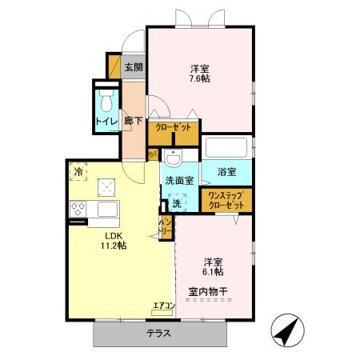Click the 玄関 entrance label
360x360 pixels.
(x=134, y=68)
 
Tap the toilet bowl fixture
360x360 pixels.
(x=106, y=102)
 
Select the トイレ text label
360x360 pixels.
(x=106, y=121)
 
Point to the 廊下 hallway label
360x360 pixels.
(x=134, y=122)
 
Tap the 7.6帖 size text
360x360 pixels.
(x=199, y=78)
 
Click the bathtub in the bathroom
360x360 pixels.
(x=226, y=147)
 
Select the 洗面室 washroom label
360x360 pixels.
(x=179, y=181)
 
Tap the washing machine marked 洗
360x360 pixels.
(x=177, y=203)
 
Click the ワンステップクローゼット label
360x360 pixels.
(x=226, y=200)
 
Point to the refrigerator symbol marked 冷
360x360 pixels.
(x=79, y=170)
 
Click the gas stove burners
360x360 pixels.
(x=79, y=209)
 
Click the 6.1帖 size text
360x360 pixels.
(x=212, y=272)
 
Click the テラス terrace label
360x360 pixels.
(x=158, y=334)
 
